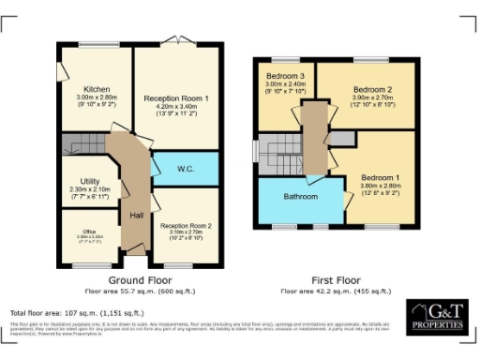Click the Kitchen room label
[x=97, y=90]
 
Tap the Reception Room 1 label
[x=175, y=98]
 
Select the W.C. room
[x=185, y=169]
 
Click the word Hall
[x=135, y=215]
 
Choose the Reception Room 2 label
[x=185, y=226]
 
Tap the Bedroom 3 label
[x=284, y=75]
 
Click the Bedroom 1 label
[x=381, y=177]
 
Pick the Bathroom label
[x=300, y=197]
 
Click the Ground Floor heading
[x=138, y=279]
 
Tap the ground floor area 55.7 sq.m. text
[x=138, y=290]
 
